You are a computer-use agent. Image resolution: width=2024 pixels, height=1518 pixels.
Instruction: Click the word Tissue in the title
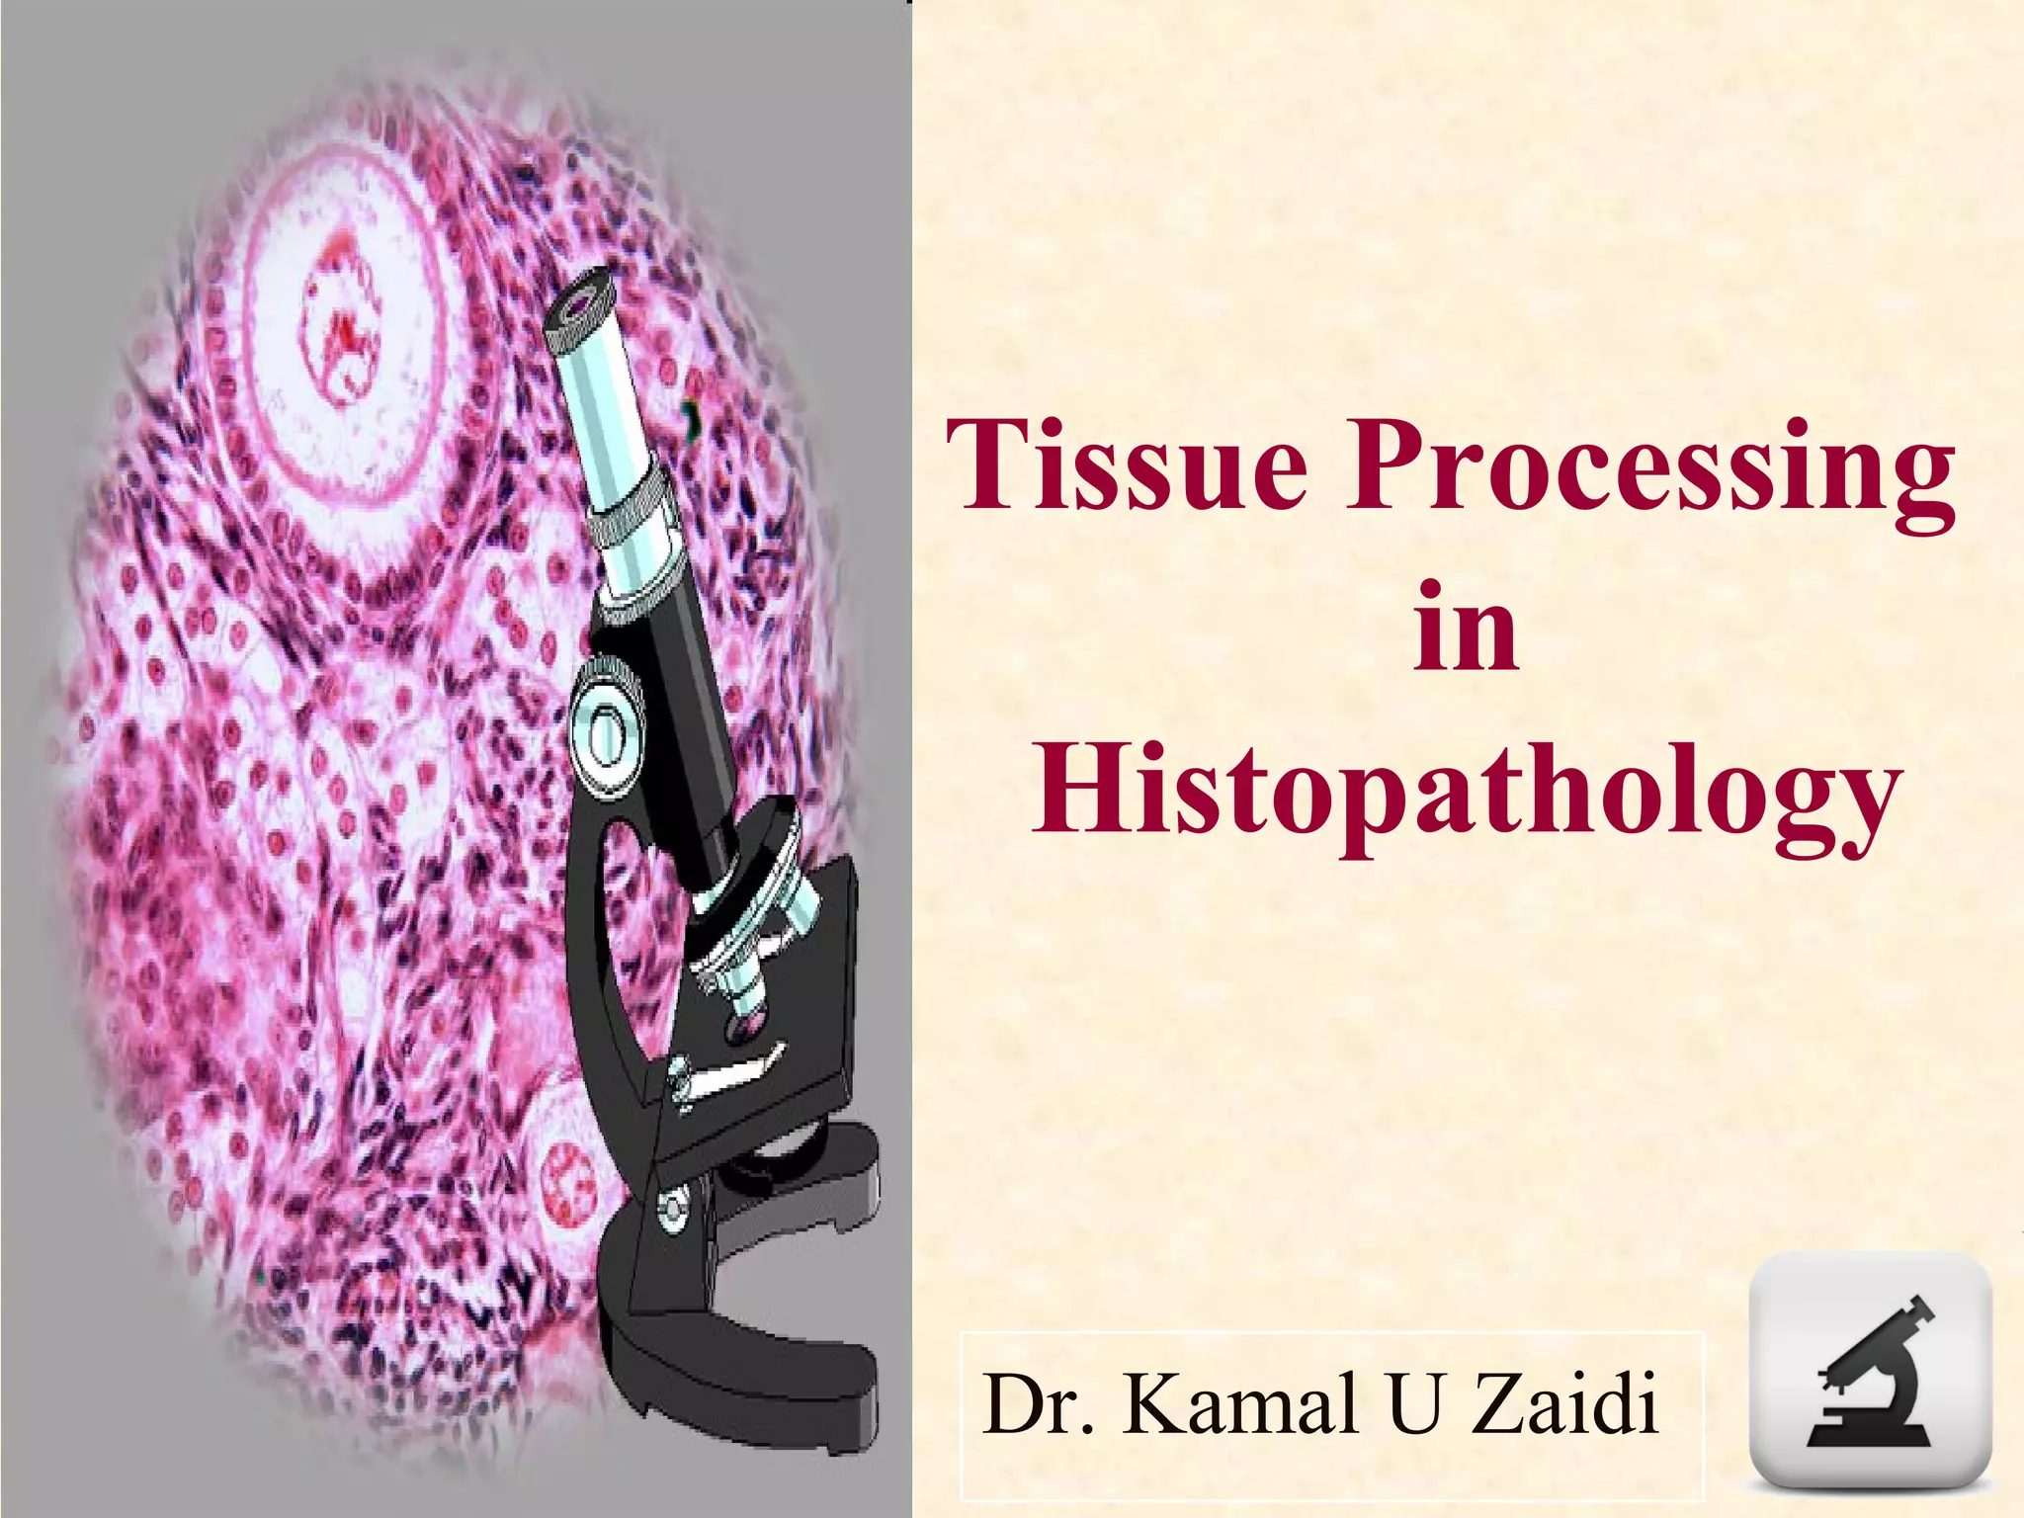point(1128,464)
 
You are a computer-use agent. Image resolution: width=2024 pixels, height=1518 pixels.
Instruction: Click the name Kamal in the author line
point(1239,1403)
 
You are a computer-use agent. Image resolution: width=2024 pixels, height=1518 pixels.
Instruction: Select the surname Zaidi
point(1566,1403)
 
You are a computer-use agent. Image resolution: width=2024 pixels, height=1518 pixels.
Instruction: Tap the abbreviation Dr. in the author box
point(1040,1403)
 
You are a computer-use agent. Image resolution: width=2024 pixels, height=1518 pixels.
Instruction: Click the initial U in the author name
point(1416,1403)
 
